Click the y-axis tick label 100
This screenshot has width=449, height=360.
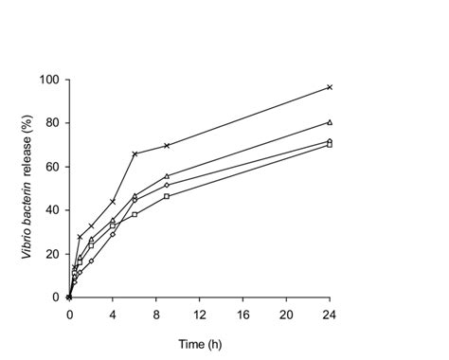(49, 79)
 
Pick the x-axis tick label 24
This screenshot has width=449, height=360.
(329, 313)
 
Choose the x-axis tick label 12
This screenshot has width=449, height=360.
(199, 313)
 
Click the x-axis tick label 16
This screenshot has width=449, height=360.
(242, 313)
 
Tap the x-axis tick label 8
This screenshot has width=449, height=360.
(156, 313)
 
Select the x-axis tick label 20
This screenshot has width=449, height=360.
(286, 313)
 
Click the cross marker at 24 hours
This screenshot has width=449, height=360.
(329, 87)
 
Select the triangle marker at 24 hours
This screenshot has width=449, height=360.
(329, 122)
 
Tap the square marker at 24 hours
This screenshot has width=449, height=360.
(329, 145)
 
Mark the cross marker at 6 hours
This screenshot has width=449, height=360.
(135, 153)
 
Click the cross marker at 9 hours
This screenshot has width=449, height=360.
(167, 146)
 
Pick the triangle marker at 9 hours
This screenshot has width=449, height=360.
(167, 175)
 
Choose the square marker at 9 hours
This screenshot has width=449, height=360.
(167, 196)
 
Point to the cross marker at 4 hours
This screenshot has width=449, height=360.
(113, 202)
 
